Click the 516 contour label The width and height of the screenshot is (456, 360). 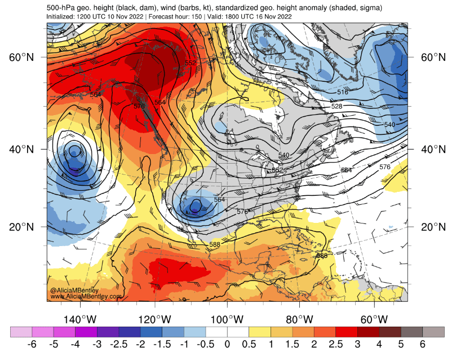[x=343, y=92]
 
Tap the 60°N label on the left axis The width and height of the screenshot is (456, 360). [x=22, y=58]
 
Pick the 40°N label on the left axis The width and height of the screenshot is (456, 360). [x=22, y=149]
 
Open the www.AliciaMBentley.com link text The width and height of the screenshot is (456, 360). [x=86, y=296]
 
